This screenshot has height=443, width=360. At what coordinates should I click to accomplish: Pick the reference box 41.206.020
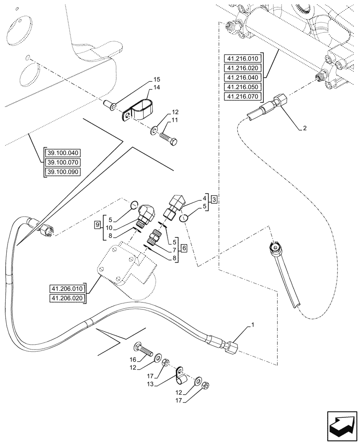click(x=67, y=298)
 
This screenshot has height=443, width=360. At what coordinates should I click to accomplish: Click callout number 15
click(x=157, y=79)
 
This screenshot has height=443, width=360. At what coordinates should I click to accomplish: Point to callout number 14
click(x=157, y=88)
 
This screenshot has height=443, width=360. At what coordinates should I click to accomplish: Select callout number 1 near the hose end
click(x=253, y=326)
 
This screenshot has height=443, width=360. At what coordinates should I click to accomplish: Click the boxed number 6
click(x=183, y=248)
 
